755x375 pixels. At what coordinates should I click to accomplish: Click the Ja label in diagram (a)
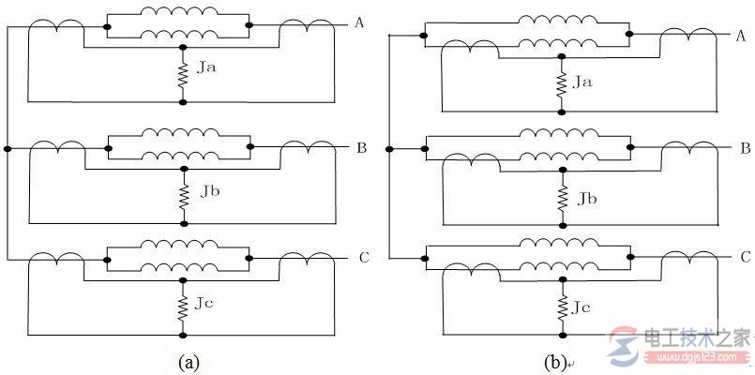206,67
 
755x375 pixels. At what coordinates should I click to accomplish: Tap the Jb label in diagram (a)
210,191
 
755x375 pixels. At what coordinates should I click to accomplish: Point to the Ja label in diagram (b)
582,82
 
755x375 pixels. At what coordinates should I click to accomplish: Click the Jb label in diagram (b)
587,198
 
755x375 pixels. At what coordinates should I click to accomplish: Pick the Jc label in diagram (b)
581,307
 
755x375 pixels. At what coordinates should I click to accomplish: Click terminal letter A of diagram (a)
358,22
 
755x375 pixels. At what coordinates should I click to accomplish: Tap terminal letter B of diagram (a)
362,148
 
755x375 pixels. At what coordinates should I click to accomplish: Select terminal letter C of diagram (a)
364,258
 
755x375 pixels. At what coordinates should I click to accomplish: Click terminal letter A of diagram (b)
741,36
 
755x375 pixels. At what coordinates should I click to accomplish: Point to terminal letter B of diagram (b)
747,149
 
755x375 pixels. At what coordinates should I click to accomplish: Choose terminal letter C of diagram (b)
746,257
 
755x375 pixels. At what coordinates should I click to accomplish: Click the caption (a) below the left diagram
189,362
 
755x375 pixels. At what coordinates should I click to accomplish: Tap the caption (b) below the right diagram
554,363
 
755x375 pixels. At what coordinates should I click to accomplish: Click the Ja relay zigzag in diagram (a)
183,75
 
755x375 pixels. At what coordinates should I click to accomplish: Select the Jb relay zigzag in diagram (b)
563,198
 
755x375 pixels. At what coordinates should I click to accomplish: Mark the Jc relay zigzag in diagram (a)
183,308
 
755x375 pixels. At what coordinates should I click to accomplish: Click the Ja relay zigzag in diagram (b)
561,84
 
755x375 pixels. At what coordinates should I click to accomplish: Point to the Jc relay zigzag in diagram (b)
563,308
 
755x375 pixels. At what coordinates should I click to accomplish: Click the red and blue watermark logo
625,346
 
